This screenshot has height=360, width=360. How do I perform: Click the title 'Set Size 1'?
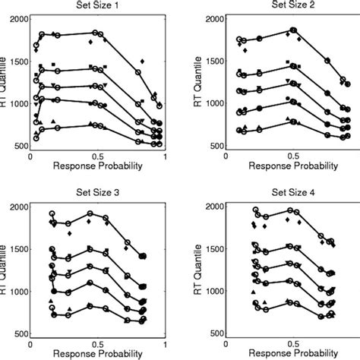pyautogui.click(x=96, y=8)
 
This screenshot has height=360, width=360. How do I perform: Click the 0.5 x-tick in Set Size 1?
pyautogui.click(x=96, y=155)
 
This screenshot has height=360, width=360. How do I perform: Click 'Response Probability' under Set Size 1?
pyautogui.click(x=96, y=166)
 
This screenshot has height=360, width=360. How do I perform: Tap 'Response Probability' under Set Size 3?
pyautogui.click(x=96, y=354)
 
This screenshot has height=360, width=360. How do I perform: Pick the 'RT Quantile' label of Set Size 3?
pyautogui.click(x=5, y=270)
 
